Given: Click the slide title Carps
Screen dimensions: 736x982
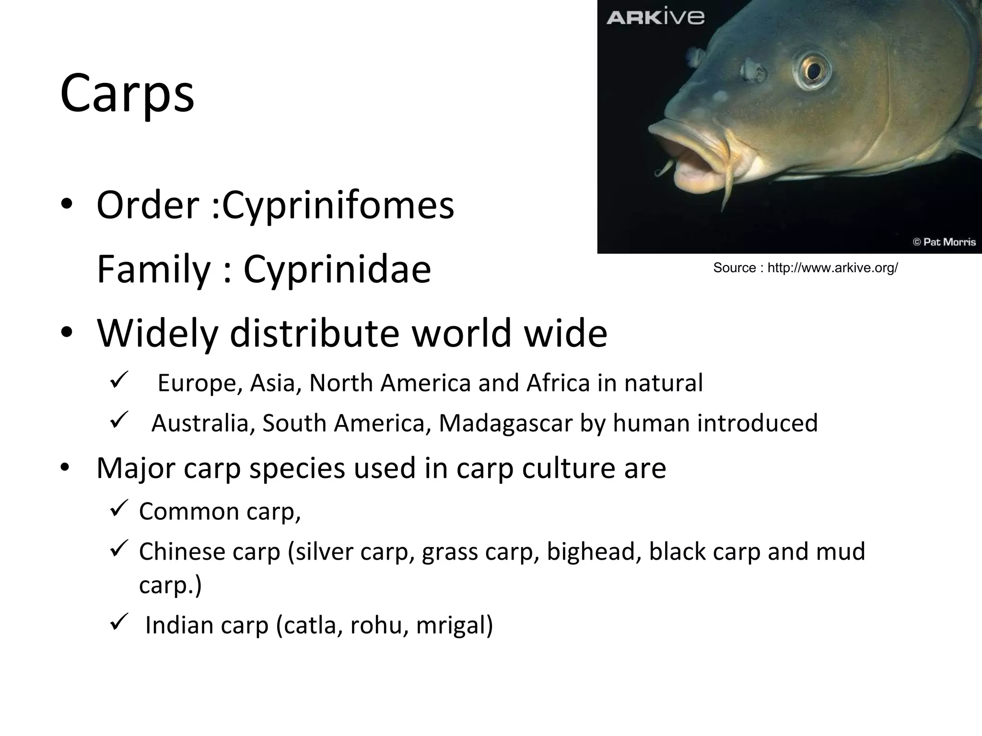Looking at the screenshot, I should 127,93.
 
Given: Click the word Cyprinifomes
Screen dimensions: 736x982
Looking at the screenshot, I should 338,206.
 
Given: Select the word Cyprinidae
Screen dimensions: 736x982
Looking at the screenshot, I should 337,270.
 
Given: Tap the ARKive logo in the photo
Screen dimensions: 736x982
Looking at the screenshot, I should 655,18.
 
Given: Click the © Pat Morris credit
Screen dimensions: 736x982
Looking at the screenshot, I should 944,242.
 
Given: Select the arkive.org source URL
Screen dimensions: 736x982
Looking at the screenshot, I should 832,268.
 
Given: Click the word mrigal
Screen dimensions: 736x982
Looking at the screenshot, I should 454,625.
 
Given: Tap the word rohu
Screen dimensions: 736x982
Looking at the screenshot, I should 379,625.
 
